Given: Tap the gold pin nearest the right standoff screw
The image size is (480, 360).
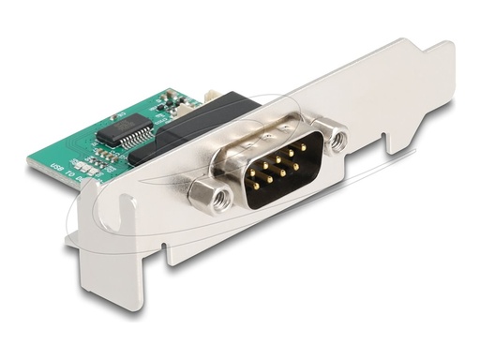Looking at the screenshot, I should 304,149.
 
